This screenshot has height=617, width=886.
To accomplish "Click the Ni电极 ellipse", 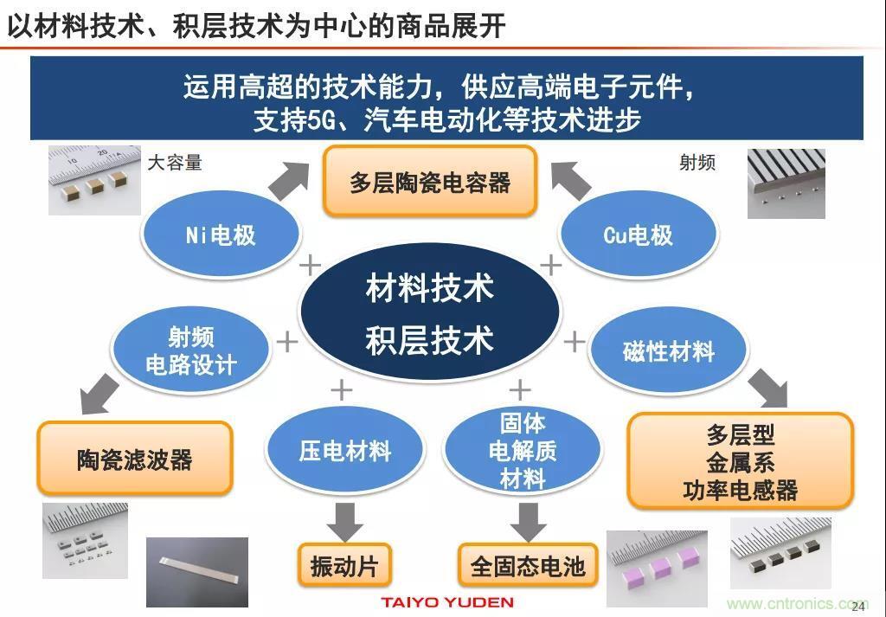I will (x=221, y=235).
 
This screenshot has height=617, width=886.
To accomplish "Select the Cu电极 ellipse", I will (x=638, y=235).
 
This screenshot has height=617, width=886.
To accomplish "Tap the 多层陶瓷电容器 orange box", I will (x=430, y=182).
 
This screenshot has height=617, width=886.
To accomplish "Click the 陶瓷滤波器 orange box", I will (x=135, y=459).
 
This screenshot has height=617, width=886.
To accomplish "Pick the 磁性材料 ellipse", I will (x=668, y=351).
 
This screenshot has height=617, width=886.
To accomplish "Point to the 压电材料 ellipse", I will (x=345, y=451).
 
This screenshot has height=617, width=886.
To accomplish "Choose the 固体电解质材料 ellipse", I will (x=522, y=450).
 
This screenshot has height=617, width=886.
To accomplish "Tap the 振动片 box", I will (x=344, y=566).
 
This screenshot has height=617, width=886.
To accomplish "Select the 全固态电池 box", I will (x=528, y=566).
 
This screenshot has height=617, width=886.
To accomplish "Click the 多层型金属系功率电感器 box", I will (x=740, y=461).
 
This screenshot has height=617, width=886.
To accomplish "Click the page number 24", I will (x=859, y=606).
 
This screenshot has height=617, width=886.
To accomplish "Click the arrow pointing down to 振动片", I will (x=344, y=520).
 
